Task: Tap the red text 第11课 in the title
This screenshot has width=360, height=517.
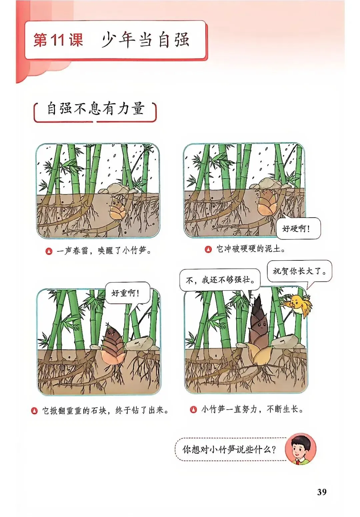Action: coord(58,40)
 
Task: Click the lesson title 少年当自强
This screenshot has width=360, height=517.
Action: coord(145,40)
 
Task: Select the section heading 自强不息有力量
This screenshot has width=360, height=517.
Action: coord(96,108)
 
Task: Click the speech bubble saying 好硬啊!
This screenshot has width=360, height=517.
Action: coord(298,228)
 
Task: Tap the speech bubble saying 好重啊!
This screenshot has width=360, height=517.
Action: coord(127,293)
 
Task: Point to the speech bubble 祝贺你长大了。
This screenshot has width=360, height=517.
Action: coord(299,271)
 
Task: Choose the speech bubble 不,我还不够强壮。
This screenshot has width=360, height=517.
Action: coord(220,280)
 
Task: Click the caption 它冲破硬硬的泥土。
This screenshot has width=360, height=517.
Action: coord(250,249)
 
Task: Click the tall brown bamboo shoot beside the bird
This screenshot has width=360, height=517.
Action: coord(258,328)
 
